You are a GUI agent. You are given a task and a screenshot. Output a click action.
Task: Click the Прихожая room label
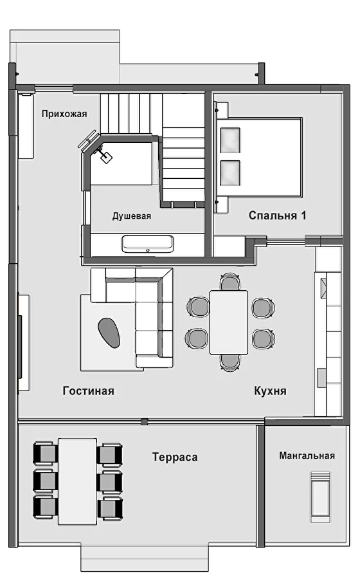[64, 114]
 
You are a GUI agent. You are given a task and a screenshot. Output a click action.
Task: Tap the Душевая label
[132, 216]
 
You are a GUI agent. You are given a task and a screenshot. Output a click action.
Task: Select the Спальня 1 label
[277, 216]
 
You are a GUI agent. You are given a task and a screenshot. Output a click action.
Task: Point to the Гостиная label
[89, 390]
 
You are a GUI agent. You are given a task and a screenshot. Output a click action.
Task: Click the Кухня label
[270, 390]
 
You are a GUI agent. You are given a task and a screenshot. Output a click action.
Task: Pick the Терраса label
[175, 457]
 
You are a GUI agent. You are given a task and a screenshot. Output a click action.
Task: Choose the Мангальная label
[307, 455]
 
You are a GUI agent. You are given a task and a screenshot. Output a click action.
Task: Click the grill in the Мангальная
[321, 497]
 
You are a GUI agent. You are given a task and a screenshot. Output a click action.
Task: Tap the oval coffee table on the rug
[109, 333]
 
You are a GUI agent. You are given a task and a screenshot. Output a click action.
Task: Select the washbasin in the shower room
[148, 244]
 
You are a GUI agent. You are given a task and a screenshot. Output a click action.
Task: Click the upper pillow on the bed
[230, 140]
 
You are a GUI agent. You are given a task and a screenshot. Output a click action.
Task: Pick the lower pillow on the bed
[230, 173]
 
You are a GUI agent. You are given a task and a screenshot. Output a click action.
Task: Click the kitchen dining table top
[228, 322]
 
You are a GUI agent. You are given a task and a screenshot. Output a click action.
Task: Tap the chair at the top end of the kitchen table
[230, 282]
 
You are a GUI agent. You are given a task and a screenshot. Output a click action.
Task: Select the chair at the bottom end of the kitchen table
[230, 362]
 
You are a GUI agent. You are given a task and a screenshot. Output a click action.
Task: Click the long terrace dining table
[77, 481]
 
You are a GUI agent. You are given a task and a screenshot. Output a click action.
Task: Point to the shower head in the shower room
[106, 157]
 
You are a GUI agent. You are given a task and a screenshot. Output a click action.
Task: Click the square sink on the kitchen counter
[323, 288]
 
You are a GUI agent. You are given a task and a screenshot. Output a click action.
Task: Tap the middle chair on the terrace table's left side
[45, 481]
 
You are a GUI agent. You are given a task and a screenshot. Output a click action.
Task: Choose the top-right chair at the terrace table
[110, 455]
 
